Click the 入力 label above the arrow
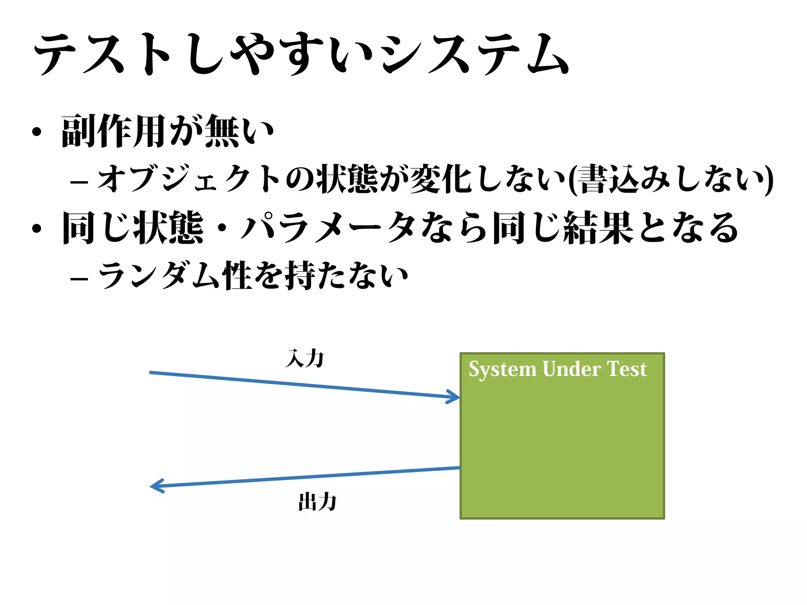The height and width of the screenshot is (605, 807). pos(305,358)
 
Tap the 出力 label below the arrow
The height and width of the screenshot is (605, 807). pos(317,502)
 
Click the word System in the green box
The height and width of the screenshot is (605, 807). pos(502,369)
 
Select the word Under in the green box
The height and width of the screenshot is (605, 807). pos(571,369)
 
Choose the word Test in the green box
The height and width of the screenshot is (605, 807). pos(627,369)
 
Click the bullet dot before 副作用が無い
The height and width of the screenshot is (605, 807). pos(37,132)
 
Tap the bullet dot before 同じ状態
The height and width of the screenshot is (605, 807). pos(37,229)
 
